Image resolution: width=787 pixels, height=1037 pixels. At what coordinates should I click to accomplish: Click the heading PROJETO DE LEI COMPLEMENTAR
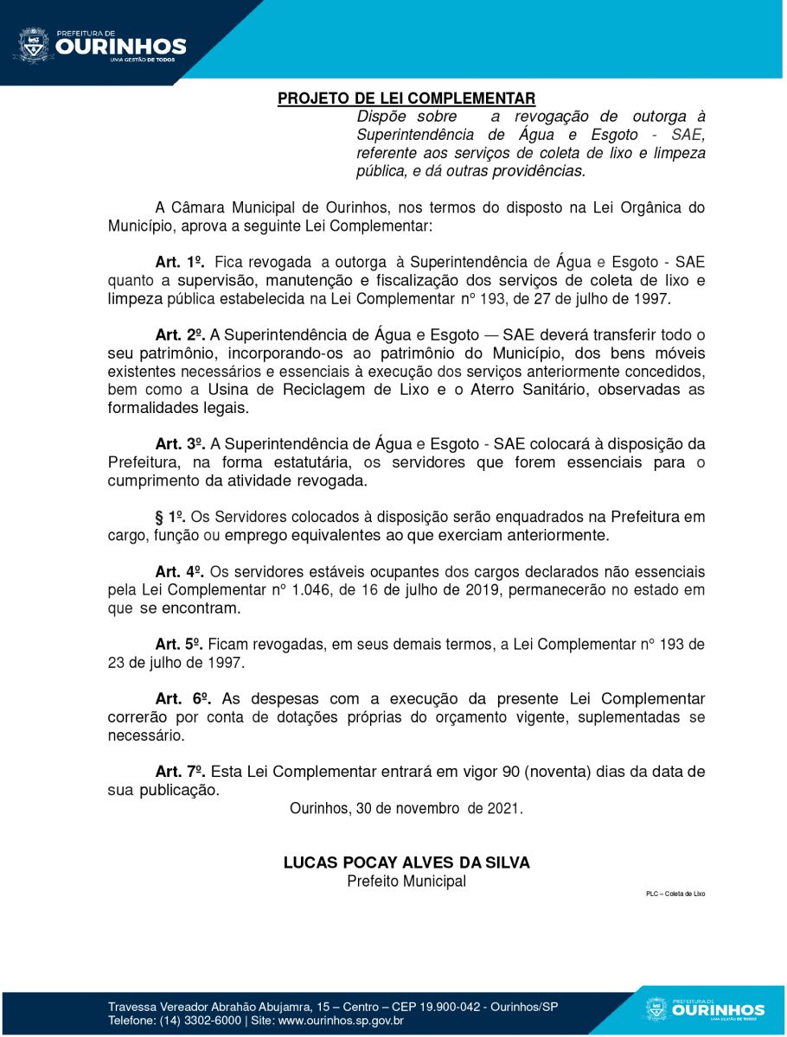(406, 99)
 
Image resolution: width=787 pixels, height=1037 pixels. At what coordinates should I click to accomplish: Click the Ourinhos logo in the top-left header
(99, 45)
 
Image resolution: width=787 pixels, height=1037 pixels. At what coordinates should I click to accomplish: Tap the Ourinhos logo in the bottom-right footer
(705, 1009)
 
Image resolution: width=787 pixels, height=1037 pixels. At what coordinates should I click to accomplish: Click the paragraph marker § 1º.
(170, 517)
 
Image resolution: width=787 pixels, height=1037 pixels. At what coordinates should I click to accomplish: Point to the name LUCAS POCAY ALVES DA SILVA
(406, 862)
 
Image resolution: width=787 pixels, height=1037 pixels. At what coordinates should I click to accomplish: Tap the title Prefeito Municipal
(406, 881)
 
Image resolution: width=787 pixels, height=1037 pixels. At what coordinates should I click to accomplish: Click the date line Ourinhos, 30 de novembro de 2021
(406, 810)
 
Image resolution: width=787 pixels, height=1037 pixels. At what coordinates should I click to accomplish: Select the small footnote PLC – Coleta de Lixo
(675, 894)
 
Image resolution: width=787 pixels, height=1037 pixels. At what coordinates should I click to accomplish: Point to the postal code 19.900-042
(448, 1007)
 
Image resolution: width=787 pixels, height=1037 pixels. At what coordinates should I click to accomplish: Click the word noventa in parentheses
(565, 771)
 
